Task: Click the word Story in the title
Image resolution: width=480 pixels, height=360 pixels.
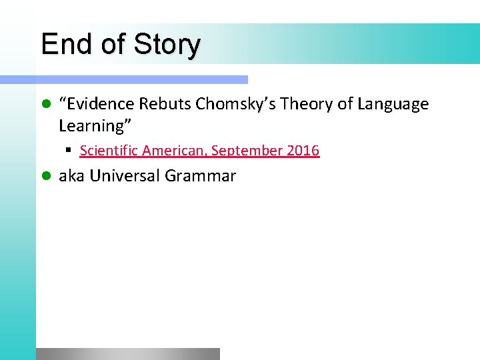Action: pyautogui.click(x=166, y=45)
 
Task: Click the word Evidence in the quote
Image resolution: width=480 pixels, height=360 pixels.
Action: pyautogui.click(x=99, y=104)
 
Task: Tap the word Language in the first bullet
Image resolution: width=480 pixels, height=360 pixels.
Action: pyautogui.click(x=393, y=104)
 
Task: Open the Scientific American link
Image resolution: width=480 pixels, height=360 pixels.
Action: pyautogui.click(x=199, y=151)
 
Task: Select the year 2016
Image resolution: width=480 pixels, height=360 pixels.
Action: pyautogui.click(x=303, y=151)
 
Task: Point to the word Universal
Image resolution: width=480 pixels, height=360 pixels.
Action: pyautogui.click(x=125, y=176)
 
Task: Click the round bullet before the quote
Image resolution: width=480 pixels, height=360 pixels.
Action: pyautogui.click(x=45, y=105)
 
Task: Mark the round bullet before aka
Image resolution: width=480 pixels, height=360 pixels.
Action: pyautogui.click(x=45, y=177)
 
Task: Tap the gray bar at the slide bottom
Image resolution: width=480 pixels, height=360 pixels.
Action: pyautogui.click(x=127, y=354)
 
